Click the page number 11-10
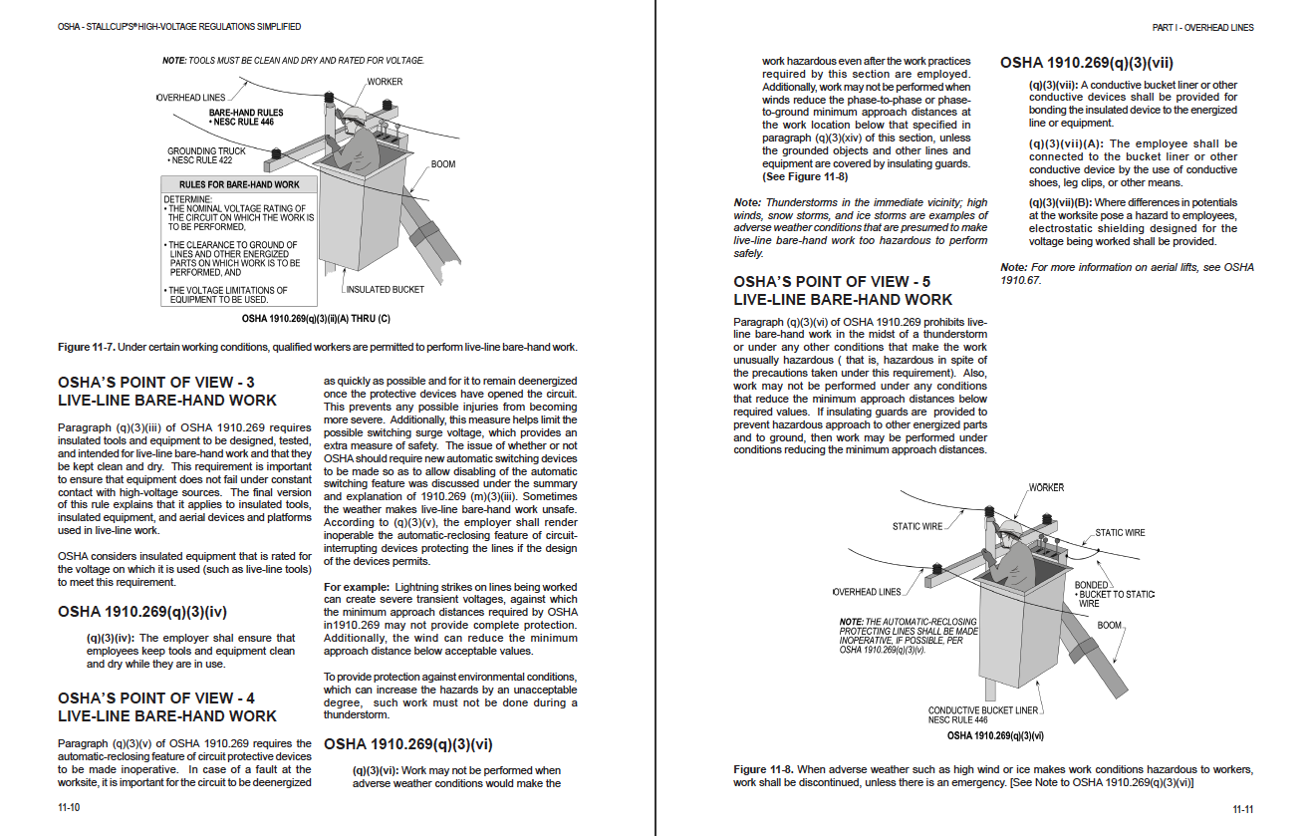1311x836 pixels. pos(69,808)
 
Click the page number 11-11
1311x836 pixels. pos(1242,808)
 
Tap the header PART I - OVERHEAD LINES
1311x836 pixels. pos(1202,28)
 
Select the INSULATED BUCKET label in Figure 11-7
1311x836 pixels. pos(386,290)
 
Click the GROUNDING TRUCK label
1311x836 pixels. pos(206,151)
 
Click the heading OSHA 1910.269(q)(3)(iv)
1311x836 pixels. pos(142,612)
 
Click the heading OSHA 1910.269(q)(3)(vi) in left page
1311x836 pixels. pos(408,744)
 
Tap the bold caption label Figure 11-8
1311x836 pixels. pos(763,770)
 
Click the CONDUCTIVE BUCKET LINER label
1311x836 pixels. pos(983,710)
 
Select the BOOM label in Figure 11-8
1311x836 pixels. pos(1109,626)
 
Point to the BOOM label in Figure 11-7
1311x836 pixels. pos(443,163)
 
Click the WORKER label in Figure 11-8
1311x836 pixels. pos(1046,487)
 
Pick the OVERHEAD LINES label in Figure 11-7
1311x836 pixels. pos(191,98)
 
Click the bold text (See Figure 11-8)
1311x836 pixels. pos(805,176)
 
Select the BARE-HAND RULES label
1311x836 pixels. pos(246,114)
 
